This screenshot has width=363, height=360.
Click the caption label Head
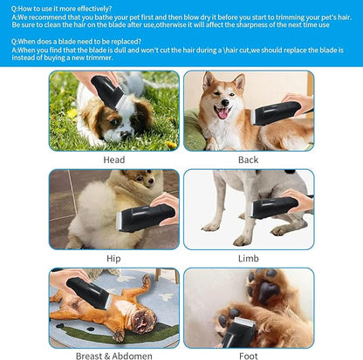(113, 160)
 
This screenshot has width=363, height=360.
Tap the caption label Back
(248, 160)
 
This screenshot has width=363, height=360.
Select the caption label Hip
(113, 259)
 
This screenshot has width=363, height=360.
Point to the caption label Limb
(248, 259)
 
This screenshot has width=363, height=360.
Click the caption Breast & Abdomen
(113, 357)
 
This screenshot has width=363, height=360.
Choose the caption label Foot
(248, 357)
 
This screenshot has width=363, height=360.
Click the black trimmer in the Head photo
(109, 92)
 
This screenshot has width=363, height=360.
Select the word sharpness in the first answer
(254, 24)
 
